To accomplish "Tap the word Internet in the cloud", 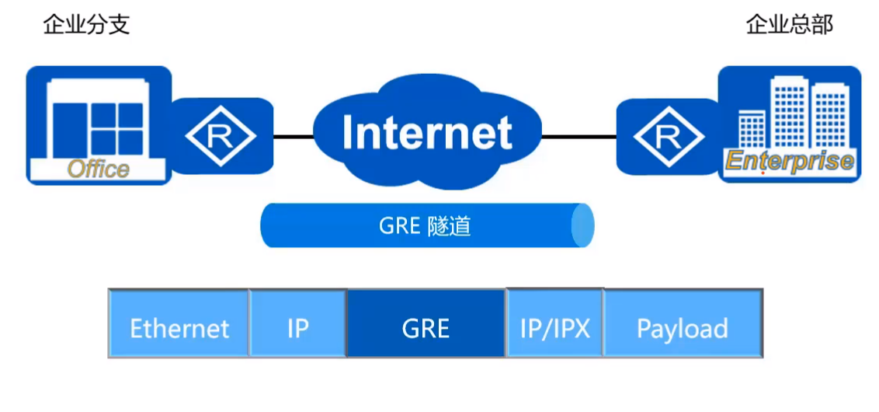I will (427, 132).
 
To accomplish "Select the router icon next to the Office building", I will (221, 136).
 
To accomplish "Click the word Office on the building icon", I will (99, 169).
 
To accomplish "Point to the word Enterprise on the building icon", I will (789, 162).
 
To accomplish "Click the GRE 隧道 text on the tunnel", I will (425, 226).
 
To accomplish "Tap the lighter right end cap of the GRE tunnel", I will (582, 226).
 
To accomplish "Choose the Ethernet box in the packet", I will (179, 328).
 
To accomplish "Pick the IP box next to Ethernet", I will (297, 328).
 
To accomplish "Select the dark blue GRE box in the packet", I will (426, 328).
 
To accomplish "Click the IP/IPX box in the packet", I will (554, 328).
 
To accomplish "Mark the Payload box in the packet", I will (683, 328).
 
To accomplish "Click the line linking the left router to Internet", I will (294, 137).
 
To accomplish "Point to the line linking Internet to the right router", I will (578, 137).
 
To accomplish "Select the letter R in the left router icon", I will (221, 137).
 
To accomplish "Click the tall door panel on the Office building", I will (66, 129).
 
